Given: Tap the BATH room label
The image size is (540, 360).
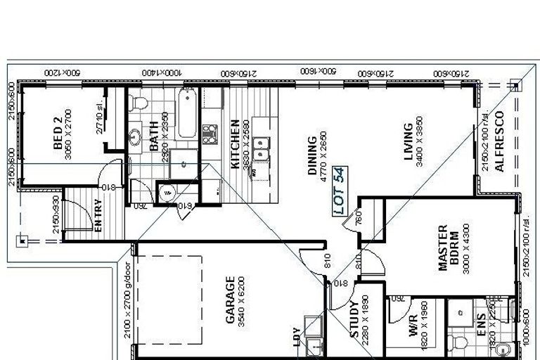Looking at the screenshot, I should click(x=154, y=137).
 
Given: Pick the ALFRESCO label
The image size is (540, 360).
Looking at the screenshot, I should click(x=499, y=141).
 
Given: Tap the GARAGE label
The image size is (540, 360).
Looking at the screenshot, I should click(x=230, y=300).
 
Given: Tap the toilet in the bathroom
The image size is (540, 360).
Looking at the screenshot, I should click(x=139, y=103).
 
